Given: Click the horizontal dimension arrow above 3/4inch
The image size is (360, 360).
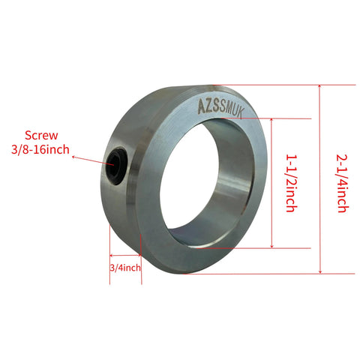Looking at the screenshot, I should (125, 256).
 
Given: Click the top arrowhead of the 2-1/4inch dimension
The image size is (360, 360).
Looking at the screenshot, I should (320, 88).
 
